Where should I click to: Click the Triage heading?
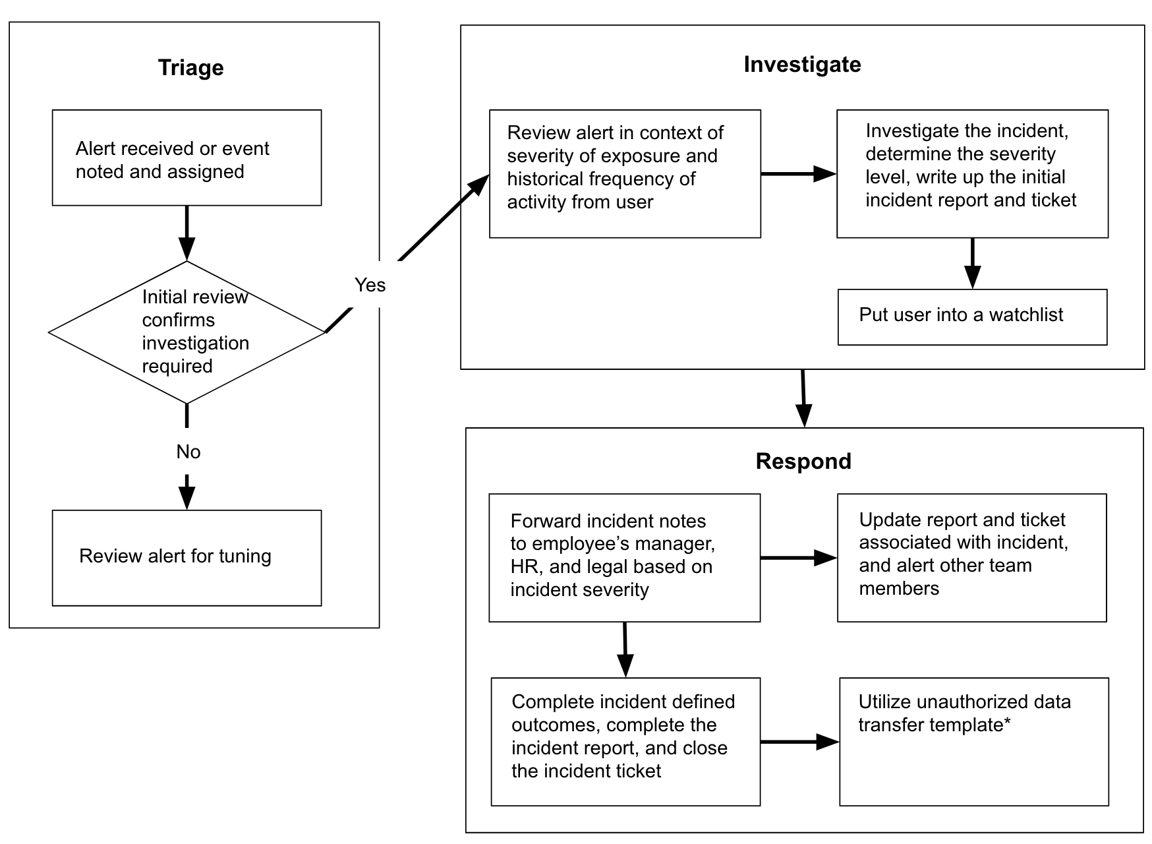coord(190,68)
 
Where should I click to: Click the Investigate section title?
coord(801,65)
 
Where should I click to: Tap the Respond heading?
coord(803,461)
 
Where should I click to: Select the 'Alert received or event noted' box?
coord(187,158)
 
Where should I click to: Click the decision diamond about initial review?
coord(187,332)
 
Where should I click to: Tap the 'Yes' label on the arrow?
coord(370,285)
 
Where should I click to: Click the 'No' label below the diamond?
coord(188,452)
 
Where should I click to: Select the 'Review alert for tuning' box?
coord(187,557)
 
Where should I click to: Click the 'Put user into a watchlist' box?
coord(971,316)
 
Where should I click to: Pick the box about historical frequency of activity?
coord(624,173)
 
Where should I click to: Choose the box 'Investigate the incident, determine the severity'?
coord(971,173)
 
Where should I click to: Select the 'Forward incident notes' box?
coord(624,557)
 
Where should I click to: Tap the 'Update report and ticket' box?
coord(971,557)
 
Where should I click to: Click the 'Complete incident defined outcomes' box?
coord(625,741)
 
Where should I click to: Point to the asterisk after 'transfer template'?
coord(1007,723)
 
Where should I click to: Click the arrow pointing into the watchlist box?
coord(972,264)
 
